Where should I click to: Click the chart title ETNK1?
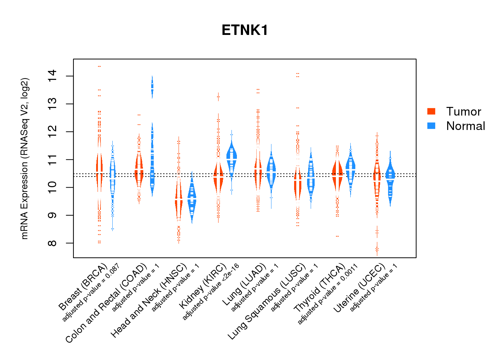[x=245, y=30]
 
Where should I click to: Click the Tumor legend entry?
[x=463, y=112]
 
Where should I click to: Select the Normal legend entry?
[x=465, y=126]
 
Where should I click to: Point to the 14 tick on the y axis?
[x=53, y=76]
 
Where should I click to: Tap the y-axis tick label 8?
[x=53, y=243]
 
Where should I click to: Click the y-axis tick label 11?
[x=53, y=159]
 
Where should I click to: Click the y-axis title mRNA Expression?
[x=24, y=158]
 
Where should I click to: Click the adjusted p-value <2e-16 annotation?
[x=211, y=292]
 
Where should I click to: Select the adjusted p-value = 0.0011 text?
[x=328, y=294]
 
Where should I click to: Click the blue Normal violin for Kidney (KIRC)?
[x=231, y=158]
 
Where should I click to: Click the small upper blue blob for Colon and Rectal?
[x=152, y=87]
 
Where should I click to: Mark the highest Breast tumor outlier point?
[x=99, y=66]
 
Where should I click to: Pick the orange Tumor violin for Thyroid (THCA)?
[x=337, y=173]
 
